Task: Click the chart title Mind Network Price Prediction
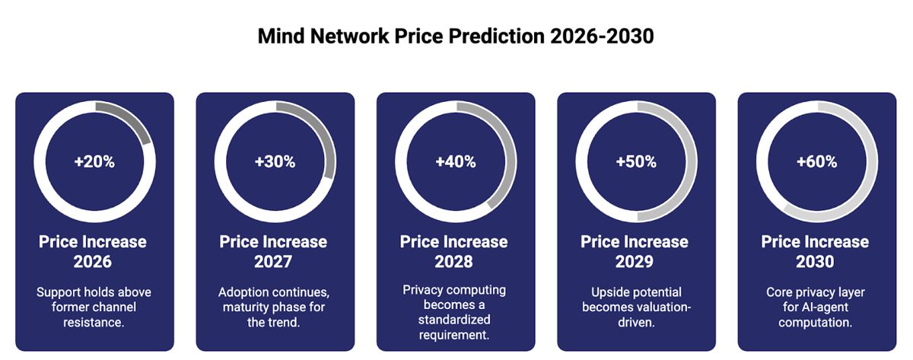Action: (x=455, y=37)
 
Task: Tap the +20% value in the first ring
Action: (x=94, y=162)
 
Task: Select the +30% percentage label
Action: (x=275, y=162)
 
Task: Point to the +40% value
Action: (x=455, y=162)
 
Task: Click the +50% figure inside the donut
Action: (x=636, y=162)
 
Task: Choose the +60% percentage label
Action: (x=816, y=162)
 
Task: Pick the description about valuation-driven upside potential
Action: (x=635, y=307)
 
